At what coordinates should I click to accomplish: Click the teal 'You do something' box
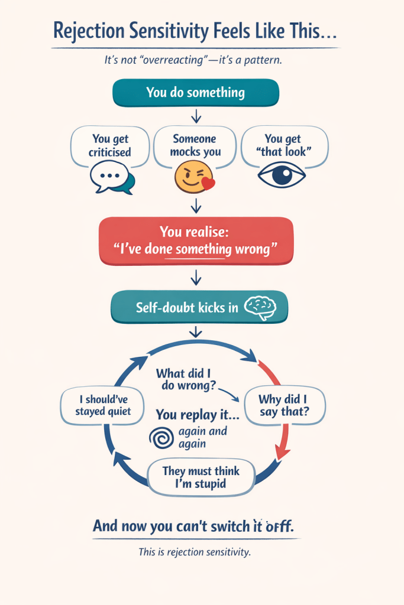coord(196,93)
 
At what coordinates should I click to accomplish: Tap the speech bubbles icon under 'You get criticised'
coord(111,177)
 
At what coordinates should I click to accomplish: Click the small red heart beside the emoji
coord(208,184)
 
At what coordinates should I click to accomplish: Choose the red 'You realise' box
coord(196,240)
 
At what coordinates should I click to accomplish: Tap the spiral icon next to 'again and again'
coord(160,438)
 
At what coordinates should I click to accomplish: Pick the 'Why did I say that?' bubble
coord(285,406)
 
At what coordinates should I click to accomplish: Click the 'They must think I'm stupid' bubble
coord(201,478)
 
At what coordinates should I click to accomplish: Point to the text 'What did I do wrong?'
coord(185,380)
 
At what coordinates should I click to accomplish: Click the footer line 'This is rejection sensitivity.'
coord(195,552)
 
